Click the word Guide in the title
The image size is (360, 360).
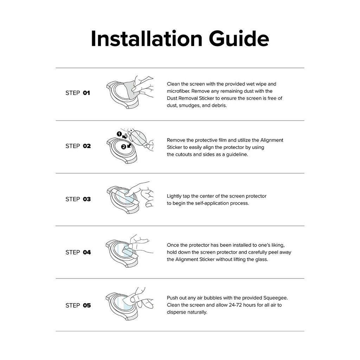(239, 38)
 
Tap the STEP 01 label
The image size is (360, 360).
(78, 93)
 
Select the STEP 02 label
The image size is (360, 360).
(78, 146)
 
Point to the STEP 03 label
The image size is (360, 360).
(78, 199)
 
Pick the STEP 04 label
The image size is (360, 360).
(78, 252)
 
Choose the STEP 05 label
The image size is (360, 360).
(78, 306)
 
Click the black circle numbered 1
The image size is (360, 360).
(119, 134)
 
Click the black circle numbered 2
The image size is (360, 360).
(123, 147)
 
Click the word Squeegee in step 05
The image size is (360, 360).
(275, 298)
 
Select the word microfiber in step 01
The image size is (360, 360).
(178, 91)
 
